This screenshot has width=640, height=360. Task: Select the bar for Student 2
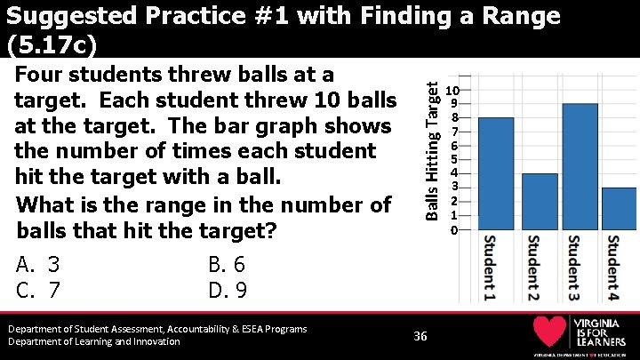pyautogui.click(x=540, y=202)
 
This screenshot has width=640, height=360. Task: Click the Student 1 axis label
pyautogui.click(x=490, y=267)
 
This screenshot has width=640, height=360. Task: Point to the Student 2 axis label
pyautogui.click(x=532, y=267)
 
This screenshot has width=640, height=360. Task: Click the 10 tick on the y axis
pyautogui.click(x=452, y=91)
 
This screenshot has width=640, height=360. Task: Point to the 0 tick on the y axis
pyautogui.click(x=453, y=230)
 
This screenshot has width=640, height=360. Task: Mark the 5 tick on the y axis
pyautogui.click(x=453, y=160)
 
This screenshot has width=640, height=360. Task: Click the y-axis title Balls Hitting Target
pyautogui.click(x=431, y=149)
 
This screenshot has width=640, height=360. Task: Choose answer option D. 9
pyautogui.click(x=227, y=291)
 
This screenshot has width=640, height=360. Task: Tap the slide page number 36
pyautogui.click(x=420, y=335)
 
